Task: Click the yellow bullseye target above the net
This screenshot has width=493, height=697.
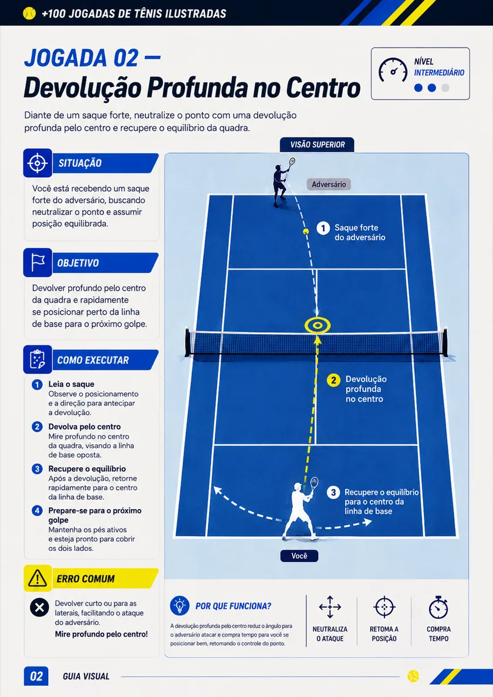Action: (x=317, y=325)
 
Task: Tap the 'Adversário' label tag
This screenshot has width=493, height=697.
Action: (x=329, y=184)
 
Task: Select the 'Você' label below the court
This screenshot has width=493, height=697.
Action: (x=299, y=555)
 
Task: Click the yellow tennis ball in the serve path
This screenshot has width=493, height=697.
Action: (x=306, y=231)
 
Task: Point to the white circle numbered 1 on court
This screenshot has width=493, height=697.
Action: (x=323, y=228)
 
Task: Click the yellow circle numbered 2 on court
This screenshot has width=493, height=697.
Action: (x=333, y=380)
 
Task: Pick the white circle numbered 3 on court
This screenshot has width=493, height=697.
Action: (x=333, y=492)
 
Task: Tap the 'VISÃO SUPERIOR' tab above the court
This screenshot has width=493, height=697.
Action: (x=317, y=144)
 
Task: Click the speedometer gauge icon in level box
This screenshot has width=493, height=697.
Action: (x=393, y=70)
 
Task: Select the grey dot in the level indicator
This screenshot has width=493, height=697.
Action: (x=445, y=88)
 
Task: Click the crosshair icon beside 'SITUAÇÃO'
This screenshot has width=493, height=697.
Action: (x=38, y=163)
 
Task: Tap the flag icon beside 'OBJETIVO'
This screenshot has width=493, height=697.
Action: (x=38, y=262)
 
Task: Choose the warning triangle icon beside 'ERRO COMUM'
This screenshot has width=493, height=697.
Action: (x=38, y=578)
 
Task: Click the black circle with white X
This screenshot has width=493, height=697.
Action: (x=39, y=607)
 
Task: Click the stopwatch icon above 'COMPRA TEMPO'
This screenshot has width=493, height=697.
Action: (x=438, y=608)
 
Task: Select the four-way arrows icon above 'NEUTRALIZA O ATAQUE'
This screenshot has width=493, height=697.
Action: (x=330, y=607)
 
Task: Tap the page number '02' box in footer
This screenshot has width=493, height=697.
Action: (x=36, y=676)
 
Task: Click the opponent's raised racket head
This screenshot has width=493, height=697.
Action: (x=292, y=161)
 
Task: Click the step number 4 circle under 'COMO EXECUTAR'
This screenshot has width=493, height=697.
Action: (x=38, y=510)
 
